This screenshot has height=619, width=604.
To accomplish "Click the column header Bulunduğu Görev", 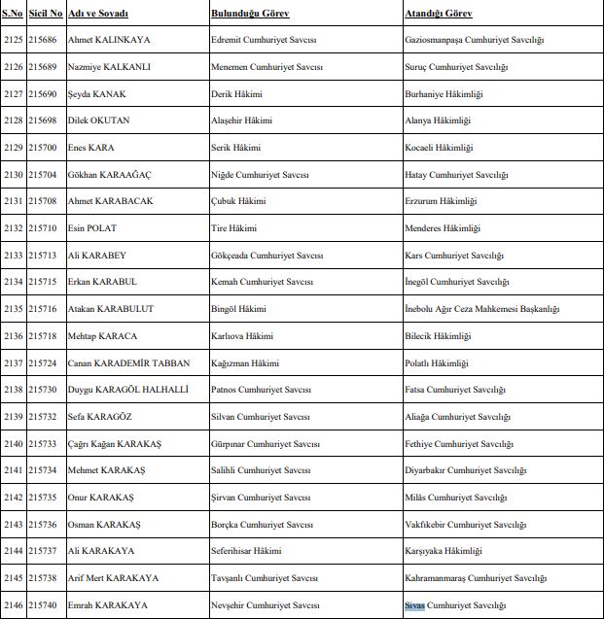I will pyautogui.click(x=249, y=15).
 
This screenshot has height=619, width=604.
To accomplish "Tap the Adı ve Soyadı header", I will pyautogui.click(x=97, y=15).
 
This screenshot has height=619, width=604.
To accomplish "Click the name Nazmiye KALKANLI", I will pyautogui.click(x=109, y=67).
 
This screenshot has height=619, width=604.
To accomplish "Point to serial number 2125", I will pyautogui.click(x=14, y=41).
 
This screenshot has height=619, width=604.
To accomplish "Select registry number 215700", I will pyautogui.click(x=43, y=148).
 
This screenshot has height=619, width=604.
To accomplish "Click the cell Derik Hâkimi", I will pyautogui.click(x=236, y=94).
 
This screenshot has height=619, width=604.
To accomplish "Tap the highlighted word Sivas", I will pyautogui.click(x=415, y=605).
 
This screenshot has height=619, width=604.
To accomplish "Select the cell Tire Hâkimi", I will pyautogui.click(x=233, y=228).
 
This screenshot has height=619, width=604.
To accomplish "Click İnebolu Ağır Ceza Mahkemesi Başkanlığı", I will pyautogui.click(x=481, y=309).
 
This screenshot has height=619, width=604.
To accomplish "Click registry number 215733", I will pyautogui.click(x=43, y=444).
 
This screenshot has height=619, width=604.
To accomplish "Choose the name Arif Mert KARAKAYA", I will pyautogui.click(x=114, y=578).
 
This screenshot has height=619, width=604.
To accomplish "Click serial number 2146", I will pyautogui.click(x=14, y=605).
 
